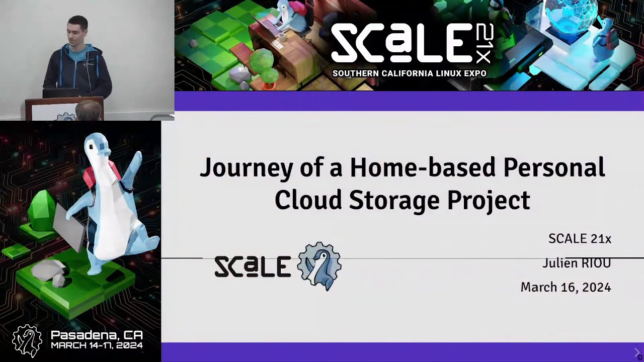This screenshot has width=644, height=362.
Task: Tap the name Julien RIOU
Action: pos(577,263)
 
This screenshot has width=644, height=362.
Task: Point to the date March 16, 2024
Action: pos(566,287)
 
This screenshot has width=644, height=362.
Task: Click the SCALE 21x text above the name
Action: pos(580,239)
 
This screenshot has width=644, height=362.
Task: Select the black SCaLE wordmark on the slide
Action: pos(253,266)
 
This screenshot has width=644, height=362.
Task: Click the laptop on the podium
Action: pos(60,93)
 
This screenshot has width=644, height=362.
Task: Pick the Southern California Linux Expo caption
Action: pos(409,73)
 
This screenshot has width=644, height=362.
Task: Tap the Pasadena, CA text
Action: pos(97,335)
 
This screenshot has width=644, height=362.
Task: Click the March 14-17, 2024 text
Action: pos(97,345)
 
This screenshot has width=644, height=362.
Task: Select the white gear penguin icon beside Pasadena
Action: pos(27,340)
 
